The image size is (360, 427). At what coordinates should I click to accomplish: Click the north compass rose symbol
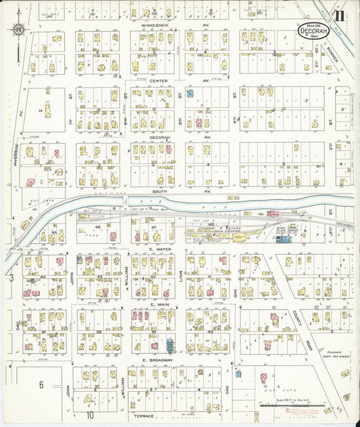pyautogui.click(x=19, y=29)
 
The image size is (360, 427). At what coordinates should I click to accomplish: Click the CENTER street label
pyautogui.click(x=159, y=80)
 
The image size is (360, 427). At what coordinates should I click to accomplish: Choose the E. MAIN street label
pyautogui.click(x=159, y=305)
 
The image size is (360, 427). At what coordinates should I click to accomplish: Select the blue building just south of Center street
pyautogui.click(x=190, y=93)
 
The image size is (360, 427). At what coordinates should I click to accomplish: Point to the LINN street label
pyautogui.click(x=181, y=278)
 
